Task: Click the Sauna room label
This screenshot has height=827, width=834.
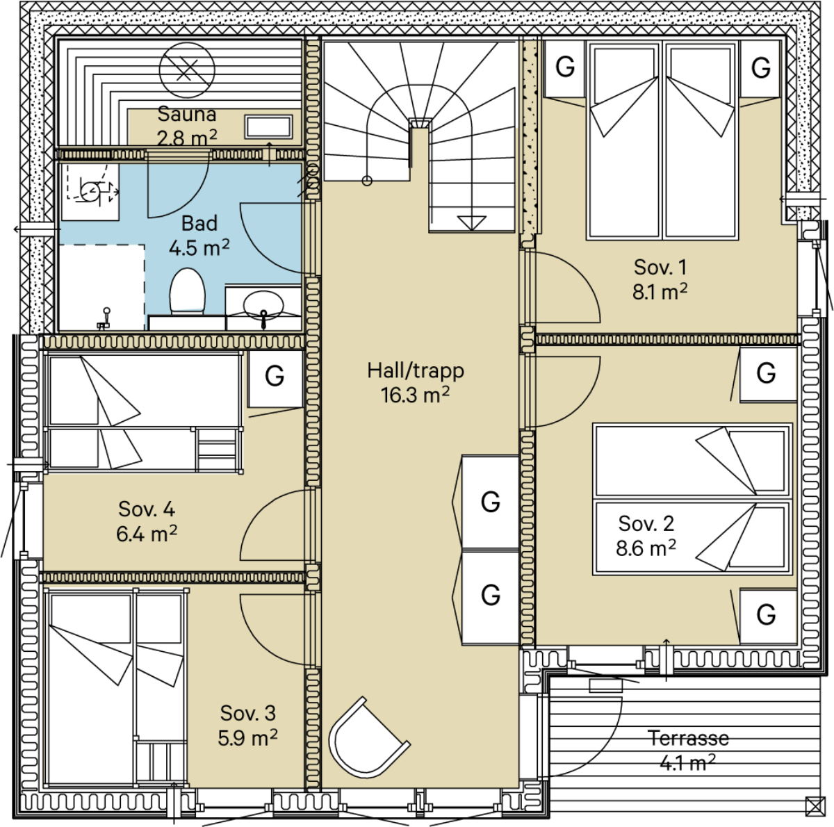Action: [x=186, y=114]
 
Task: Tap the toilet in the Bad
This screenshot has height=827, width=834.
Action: [x=187, y=291]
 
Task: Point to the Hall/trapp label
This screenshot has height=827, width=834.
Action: [x=416, y=371]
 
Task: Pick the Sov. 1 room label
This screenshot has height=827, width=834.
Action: [x=660, y=267]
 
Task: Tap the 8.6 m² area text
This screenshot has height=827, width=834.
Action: [x=646, y=549]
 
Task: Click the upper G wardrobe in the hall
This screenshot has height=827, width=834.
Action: [x=491, y=502]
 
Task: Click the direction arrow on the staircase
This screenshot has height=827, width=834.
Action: [x=471, y=222]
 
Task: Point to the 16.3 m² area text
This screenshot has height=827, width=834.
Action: [x=416, y=395]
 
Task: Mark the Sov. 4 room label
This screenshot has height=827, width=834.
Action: [x=147, y=509]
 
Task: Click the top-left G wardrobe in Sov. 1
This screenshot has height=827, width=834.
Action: [x=565, y=68]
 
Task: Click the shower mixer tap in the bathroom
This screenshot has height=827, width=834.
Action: [x=104, y=320]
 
